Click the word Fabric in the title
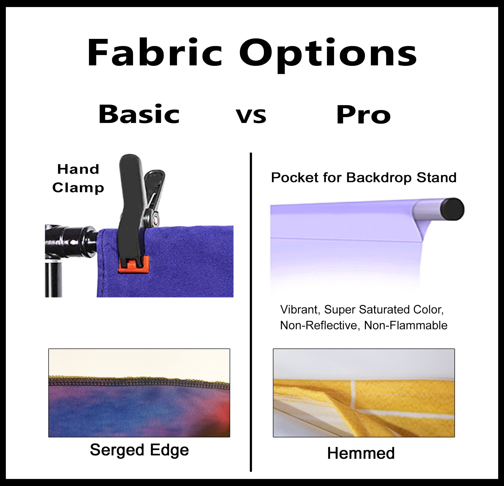tap(155, 52)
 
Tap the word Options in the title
tap(328, 55)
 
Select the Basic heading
tap(139, 114)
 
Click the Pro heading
tap(363, 116)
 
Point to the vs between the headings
tap(251, 116)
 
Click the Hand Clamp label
tap(78, 178)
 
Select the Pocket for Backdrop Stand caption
tap(364, 178)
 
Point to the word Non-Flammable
tap(406, 325)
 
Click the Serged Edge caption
tap(139, 450)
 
